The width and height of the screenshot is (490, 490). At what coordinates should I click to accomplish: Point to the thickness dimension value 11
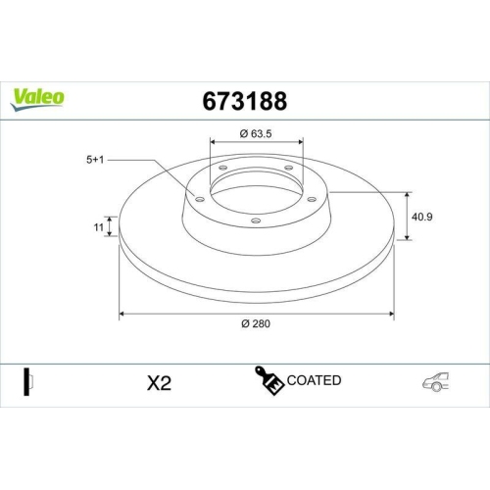tap(98, 227)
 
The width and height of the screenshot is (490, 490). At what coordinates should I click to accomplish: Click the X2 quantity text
tap(158, 383)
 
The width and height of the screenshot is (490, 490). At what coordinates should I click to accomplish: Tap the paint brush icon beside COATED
tap(269, 382)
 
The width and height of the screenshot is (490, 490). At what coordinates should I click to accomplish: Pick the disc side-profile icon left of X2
tap(28, 382)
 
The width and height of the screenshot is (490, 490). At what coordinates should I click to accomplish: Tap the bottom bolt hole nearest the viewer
tap(256, 220)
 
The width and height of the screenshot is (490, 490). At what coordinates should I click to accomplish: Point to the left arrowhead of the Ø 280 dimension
tap(122, 315)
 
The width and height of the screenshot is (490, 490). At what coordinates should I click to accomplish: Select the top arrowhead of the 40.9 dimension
tap(408, 193)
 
